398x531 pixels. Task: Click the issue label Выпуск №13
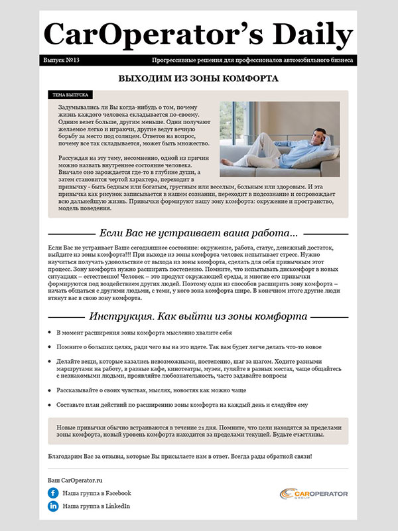61,60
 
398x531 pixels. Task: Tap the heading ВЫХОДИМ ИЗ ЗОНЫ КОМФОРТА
198,78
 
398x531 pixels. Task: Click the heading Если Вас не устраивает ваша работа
198,234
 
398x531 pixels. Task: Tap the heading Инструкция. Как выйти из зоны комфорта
198,317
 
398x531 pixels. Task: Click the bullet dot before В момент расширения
51,333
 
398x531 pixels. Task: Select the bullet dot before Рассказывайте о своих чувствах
51,390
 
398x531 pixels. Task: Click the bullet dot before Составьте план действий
51,405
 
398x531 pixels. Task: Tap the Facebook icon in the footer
53,493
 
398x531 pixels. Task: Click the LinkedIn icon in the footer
53,506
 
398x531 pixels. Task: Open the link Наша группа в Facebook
97,493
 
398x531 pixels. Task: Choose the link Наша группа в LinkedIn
96,506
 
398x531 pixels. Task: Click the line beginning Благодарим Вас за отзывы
180,457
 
